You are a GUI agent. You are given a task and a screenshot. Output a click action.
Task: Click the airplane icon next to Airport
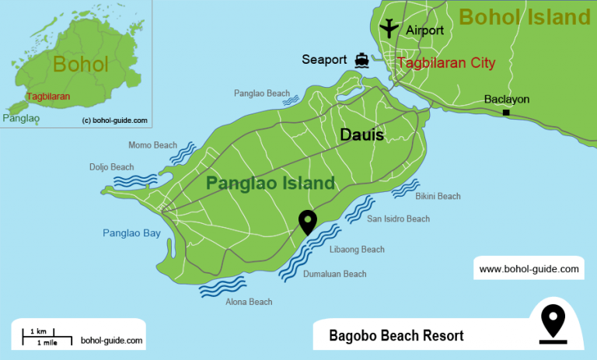pos(389,29)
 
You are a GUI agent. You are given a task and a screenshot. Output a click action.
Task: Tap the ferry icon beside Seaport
pos(361,60)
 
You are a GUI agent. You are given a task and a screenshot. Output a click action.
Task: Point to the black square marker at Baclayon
pos(506,114)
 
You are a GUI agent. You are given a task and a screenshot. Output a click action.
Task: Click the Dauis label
pos(361,135)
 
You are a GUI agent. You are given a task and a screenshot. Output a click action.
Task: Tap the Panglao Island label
pos(270,183)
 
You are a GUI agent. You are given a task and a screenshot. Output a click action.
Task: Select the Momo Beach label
pos(152,145)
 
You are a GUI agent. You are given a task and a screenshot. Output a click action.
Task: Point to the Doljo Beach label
pos(111,167)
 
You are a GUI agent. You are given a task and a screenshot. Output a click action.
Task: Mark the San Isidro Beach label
pos(398,219)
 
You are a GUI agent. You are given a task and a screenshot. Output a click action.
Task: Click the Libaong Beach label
pos(357,250)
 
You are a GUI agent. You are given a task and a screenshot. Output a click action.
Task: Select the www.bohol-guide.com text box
pos(529,269)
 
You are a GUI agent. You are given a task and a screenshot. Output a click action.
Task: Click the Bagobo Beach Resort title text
pos(396,336)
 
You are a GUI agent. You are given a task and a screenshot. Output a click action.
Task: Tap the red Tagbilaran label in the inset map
pos(48,96)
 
